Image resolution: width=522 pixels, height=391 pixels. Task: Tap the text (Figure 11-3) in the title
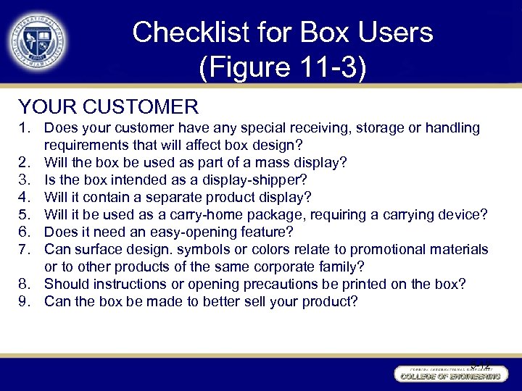pos(282,68)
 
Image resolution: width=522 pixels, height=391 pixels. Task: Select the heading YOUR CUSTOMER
pos(108,107)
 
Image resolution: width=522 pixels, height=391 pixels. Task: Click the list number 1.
pos(25,128)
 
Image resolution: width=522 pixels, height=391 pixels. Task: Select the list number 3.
pos(25,180)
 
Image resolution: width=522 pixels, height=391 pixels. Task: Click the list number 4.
pos(25,198)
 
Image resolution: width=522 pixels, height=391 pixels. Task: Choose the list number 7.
pos(25,250)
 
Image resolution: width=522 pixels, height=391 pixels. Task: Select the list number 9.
pos(25,302)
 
